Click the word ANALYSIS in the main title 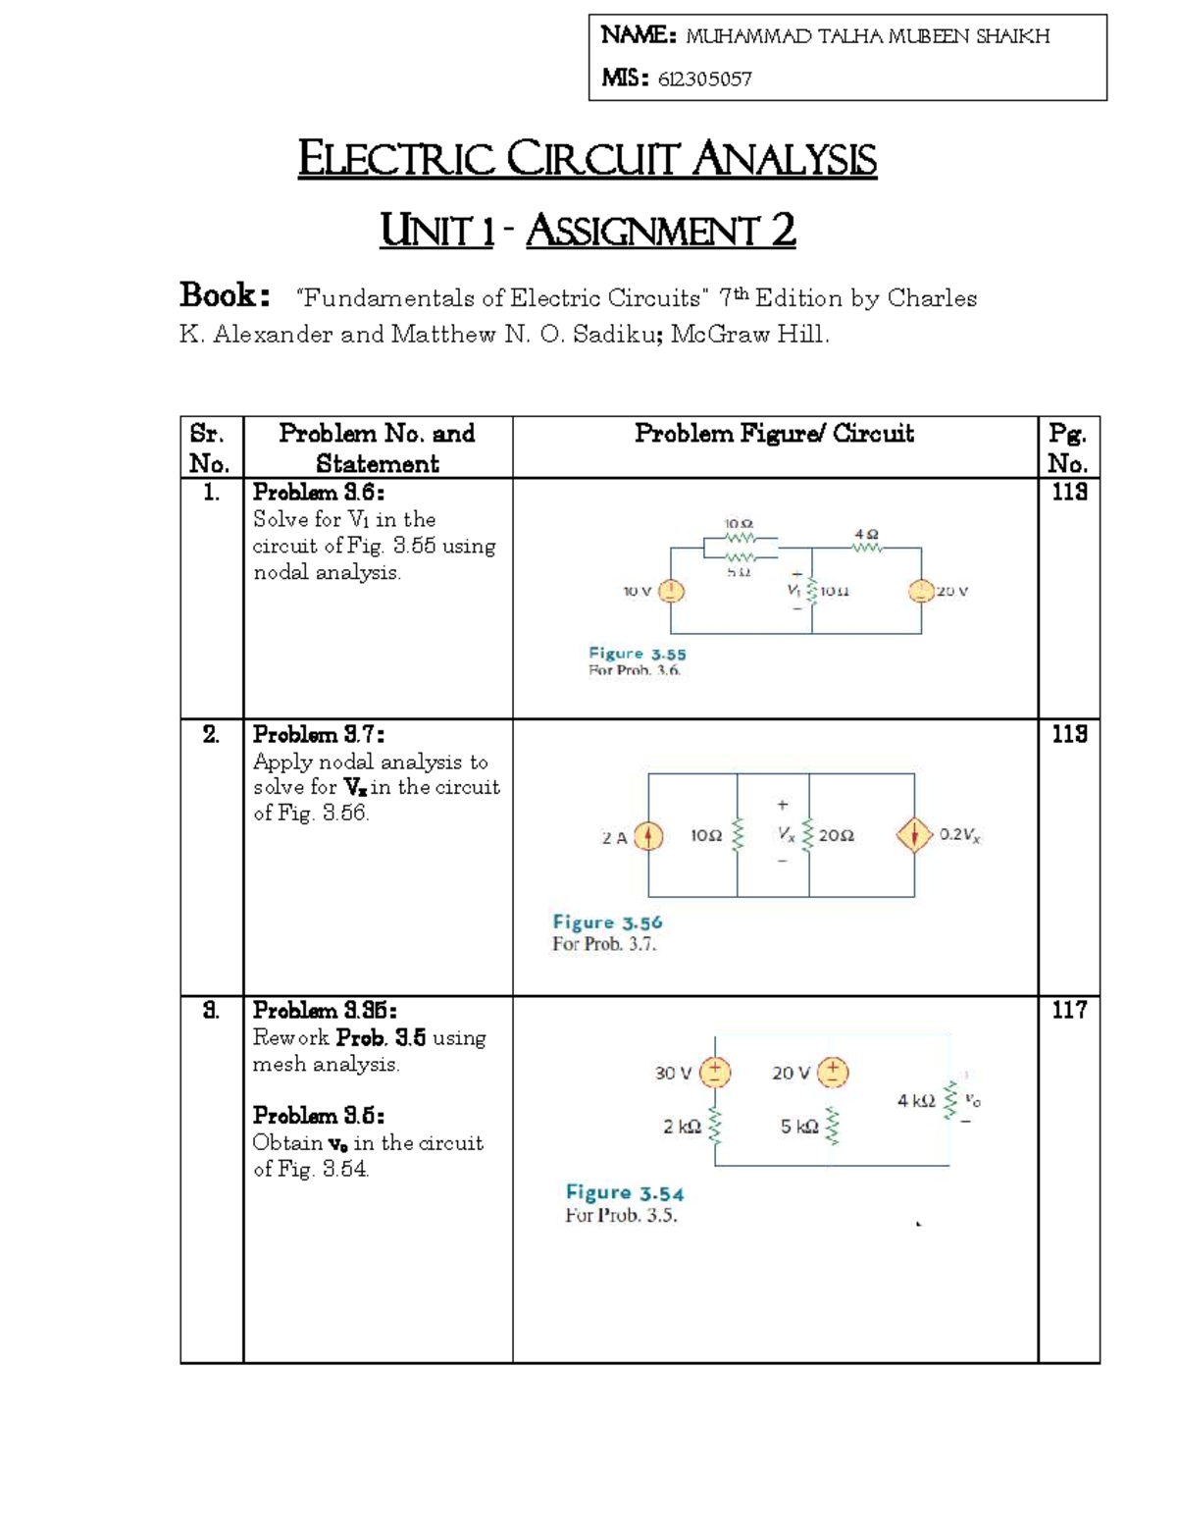[x=784, y=160]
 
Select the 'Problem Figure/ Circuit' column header [x=774, y=434]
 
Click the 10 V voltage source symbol [x=672, y=591]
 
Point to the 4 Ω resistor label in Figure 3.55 [x=866, y=535]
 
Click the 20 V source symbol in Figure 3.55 [x=921, y=591]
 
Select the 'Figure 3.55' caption [x=637, y=654]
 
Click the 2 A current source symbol [x=648, y=836]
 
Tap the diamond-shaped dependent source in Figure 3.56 [x=914, y=836]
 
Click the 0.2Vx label [x=960, y=835]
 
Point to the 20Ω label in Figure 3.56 [x=836, y=836]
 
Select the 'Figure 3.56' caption [x=607, y=922]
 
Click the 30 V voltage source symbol [x=715, y=1072]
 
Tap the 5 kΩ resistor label [x=799, y=1127]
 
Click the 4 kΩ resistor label [x=916, y=1101]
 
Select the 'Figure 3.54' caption [x=625, y=1193]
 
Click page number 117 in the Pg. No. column [x=1068, y=1010]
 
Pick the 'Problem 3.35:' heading [x=325, y=1011]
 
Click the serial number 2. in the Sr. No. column [x=211, y=735]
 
